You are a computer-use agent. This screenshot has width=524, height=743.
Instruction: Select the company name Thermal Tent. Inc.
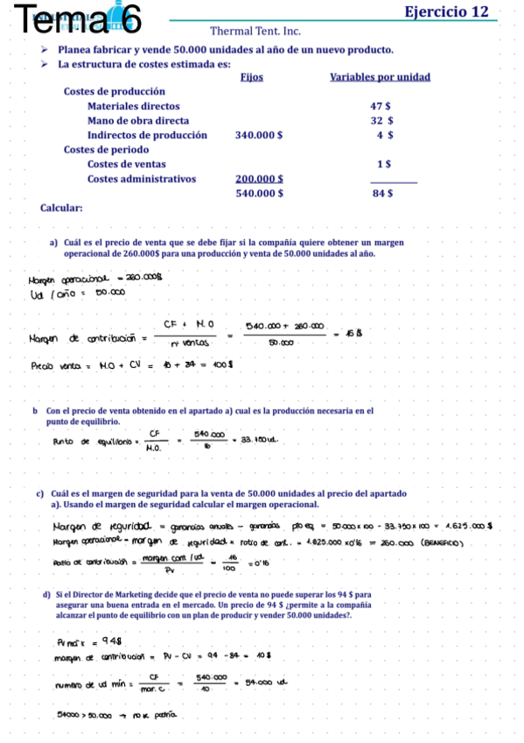point(255,31)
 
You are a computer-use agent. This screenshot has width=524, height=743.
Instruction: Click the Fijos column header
point(250,77)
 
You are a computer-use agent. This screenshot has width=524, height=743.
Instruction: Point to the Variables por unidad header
point(380,77)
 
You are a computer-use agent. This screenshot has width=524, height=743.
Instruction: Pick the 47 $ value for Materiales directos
point(381,106)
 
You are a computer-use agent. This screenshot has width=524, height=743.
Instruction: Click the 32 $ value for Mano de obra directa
point(381,121)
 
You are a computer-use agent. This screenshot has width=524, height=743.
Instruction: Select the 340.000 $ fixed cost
point(259,136)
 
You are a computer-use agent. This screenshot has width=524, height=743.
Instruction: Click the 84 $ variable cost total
point(382,194)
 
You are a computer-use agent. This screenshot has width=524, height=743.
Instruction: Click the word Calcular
point(62,209)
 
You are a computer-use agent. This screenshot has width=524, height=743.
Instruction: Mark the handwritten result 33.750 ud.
point(260,441)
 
